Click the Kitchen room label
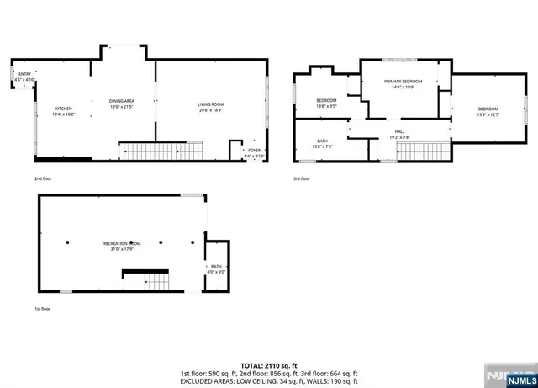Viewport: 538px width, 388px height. (x=64, y=109)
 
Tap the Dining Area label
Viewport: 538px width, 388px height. (x=122, y=101)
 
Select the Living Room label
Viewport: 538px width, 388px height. (x=211, y=104)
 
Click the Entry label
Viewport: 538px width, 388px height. (x=24, y=75)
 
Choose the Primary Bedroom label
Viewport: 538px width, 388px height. (x=403, y=82)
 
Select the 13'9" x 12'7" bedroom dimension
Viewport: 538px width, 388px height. (x=488, y=114)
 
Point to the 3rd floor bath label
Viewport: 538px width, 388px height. (x=323, y=141)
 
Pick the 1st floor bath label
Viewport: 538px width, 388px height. (x=216, y=267)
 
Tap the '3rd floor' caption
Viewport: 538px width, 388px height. (x=302, y=178)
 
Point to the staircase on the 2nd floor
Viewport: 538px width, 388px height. (x=161, y=151)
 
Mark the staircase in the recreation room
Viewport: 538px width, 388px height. (x=146, y=279)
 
